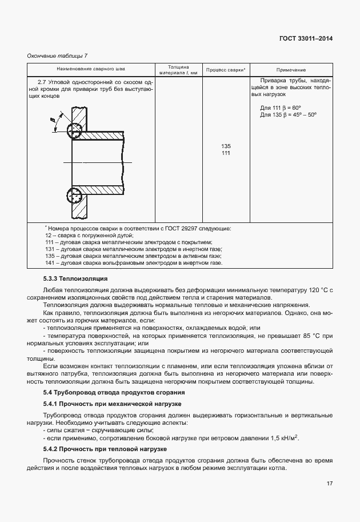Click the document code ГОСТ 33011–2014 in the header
point(306,38)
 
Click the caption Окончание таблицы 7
point(57,55)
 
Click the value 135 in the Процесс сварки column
point(226,146)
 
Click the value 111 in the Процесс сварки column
point(226,153)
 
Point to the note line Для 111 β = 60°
point(280,107)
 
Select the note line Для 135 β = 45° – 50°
point(288,114)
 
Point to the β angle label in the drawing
point(52,119)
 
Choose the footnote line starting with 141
point(133,262)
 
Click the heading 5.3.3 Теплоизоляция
point(75,278)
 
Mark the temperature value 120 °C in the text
point(314,290)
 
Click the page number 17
point(330,484)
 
